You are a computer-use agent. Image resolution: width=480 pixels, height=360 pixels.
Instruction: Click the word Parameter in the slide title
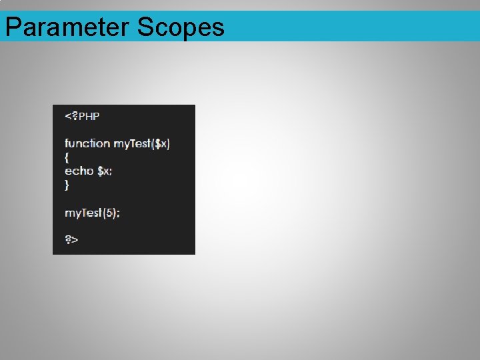(67, 27)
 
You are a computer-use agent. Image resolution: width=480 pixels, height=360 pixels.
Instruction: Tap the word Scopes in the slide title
(181, 27)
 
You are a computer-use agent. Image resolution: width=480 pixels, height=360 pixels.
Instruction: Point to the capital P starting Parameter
(12, 27)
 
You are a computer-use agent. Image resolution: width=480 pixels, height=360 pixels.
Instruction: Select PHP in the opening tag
(89, 116)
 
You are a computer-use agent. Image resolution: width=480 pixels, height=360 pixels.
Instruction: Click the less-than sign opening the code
(67, 116)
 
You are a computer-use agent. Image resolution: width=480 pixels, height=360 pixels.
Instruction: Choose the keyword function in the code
(87, 143)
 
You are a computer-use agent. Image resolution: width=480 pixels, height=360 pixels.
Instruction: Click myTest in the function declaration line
(131, 143)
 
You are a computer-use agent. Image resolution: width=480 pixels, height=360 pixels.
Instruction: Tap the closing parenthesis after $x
(168, 143)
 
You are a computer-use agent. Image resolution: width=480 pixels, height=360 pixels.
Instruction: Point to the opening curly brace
(67, 157)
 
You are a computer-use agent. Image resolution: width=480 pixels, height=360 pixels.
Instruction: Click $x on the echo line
(103, 171)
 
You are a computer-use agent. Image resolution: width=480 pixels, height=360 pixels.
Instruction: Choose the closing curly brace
(67, 185)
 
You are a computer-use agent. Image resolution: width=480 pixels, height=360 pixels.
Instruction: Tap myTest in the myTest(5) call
(83, 213)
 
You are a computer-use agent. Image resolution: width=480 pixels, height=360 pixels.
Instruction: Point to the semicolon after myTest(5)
(118, 213)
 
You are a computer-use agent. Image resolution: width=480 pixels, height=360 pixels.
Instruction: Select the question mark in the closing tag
(68, 239)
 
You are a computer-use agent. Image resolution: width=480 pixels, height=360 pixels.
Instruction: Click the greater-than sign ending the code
(75, 240)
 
